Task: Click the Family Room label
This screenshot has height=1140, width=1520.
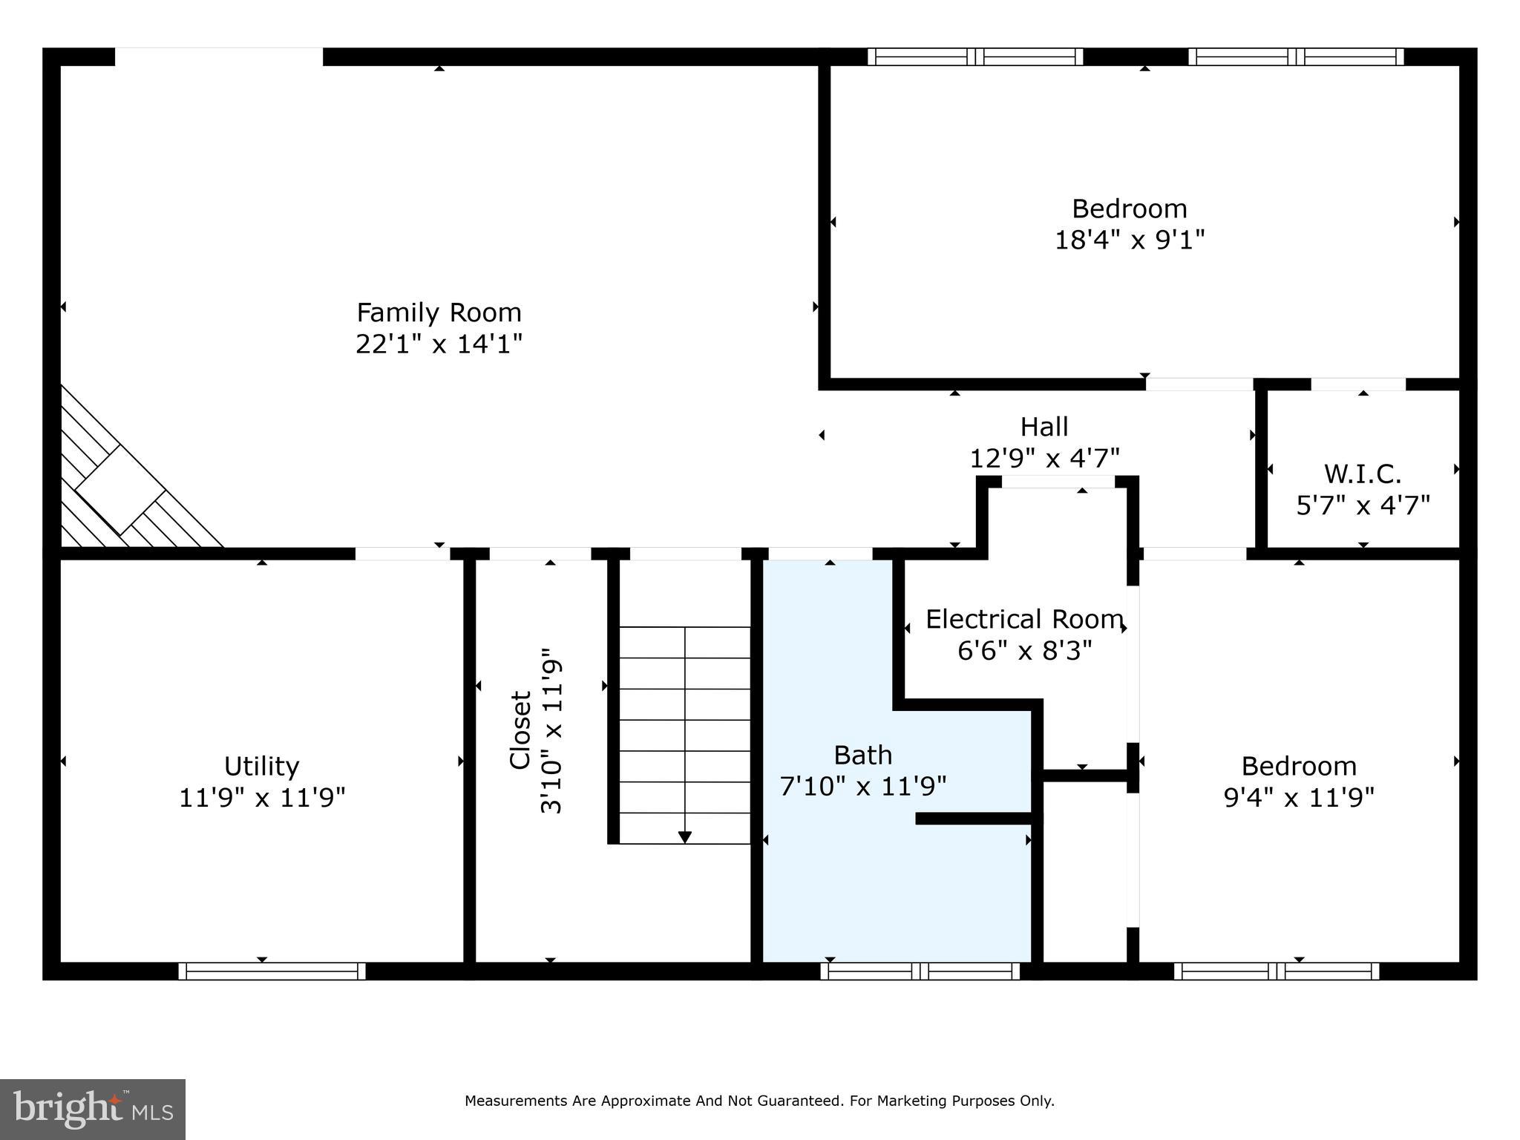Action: (x=439, y=312)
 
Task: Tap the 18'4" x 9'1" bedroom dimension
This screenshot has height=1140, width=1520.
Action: (x=1129, y=240)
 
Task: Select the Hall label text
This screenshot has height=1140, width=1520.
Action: (x=1044, y=427)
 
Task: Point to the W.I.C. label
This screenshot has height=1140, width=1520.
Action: (x=1363, y=474)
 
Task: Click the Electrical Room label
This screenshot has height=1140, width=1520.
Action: (x=1024, y=619)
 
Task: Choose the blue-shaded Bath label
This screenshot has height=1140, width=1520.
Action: (x=862, y=755)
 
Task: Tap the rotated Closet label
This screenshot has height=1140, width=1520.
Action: (x=520, y=730)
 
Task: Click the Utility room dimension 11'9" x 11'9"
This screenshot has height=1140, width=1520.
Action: (x=262, y=798)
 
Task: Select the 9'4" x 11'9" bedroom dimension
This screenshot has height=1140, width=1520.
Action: (x=1299, y=798)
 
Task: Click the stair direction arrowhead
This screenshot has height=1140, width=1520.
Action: (x=685, y=837)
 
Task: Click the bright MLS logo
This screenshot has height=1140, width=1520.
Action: (x=93, y=1110)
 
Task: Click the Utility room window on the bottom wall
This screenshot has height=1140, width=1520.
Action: (x=272, y=971)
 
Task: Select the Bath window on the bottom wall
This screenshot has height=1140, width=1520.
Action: (x=920, y=971)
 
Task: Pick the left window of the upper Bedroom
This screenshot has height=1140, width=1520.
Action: (x=975, y=57)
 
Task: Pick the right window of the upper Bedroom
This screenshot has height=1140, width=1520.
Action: (x=1296, y=57)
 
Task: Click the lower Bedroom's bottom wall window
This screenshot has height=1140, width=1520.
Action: (x=1277, y=971)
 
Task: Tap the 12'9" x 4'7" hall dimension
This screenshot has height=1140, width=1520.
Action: (x=1044, y=458)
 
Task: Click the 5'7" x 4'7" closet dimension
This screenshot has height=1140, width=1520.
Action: (x=1363, y=505)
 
